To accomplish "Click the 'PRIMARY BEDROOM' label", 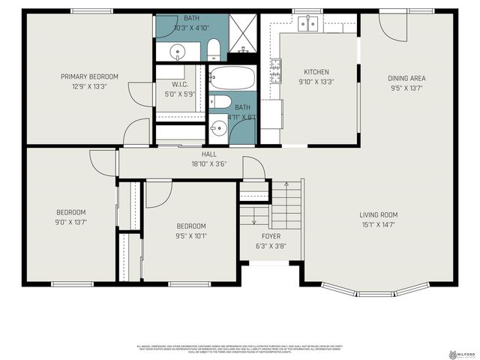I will (x=89, y=76).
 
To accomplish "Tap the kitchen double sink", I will (x=307, y=24).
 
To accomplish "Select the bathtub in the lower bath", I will (x=232, y=78).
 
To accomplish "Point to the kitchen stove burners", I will (x=276, y=72).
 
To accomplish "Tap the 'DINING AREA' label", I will (x=407, y=78).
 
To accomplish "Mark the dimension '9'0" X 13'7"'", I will (x=71, y=222).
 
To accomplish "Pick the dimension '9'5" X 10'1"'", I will (x=190, y=236).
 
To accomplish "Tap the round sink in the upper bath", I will (x=178, y=51).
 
